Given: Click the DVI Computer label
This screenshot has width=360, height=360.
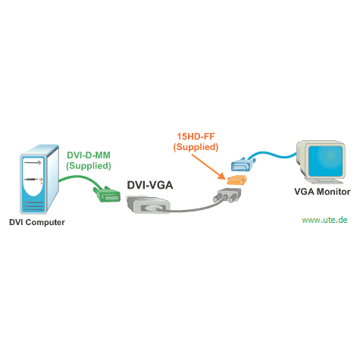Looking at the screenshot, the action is (37, 222).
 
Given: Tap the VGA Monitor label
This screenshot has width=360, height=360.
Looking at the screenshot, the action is (322, 192).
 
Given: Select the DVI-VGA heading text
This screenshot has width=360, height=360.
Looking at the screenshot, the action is (150, 185).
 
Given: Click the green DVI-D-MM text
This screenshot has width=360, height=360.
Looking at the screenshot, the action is (89, 155).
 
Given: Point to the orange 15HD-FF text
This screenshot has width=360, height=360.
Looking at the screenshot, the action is (196, 136).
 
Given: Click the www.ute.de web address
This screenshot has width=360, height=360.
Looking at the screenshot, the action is (324, 220).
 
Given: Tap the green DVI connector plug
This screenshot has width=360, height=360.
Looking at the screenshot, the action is (107, 195).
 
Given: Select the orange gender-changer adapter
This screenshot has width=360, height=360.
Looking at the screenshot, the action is (236, 180).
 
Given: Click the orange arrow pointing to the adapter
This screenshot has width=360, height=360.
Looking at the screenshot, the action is (208, 167).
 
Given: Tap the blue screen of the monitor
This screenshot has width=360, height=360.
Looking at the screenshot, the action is (325, 161).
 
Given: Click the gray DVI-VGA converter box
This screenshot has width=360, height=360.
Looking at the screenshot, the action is (148, 205).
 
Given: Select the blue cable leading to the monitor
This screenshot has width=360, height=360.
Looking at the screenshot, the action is (274, 155).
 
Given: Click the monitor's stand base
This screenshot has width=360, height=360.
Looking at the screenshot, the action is (324, 180).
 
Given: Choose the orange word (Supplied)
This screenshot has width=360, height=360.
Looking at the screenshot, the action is (196, 147).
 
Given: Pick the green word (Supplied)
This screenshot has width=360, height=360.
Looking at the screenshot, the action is (89, 166).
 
